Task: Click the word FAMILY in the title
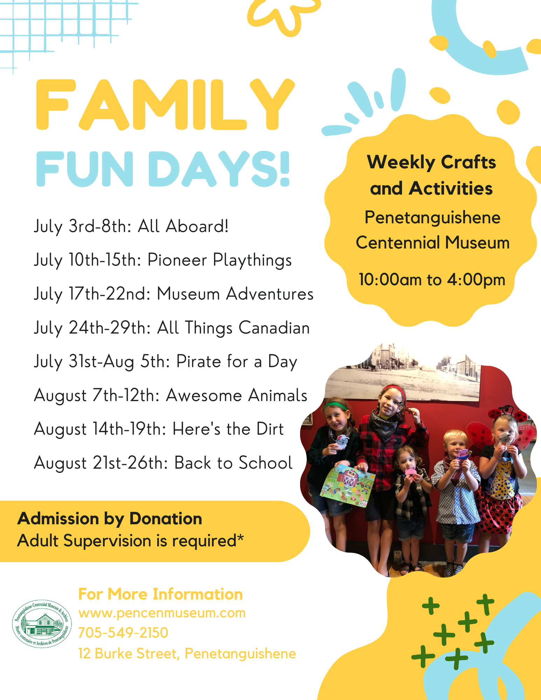pyautogui.click(x=165, y=104)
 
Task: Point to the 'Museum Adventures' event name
pyautogui.click(x=235, y=294)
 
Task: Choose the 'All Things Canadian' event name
pyautogui.click(x=234, y=328)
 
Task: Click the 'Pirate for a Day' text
pyautogui.click(x=237, y=362)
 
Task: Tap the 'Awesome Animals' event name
pyautogui.click(x=237, y=395)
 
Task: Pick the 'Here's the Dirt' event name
pyautogui.click(x=228, y=429)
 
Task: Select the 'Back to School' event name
pyautogui.click(x=234, y=463)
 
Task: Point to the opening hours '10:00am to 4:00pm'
pyautogui.click(x=432, y=280)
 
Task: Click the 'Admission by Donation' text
pyautogui.click(x=110, y=519)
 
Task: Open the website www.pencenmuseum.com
pyautogui.click(x=162, y=614)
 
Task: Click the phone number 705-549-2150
pyautogui.click(x=123, y=633)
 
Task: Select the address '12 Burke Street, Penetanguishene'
pyautogui.click(x=187, y=654)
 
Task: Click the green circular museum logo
pyautogui.click(x=42, y=624)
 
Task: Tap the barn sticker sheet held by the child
pyautogui.click(x=348, y=485)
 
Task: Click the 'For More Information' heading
pyautogui.click(x=160, y=594)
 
